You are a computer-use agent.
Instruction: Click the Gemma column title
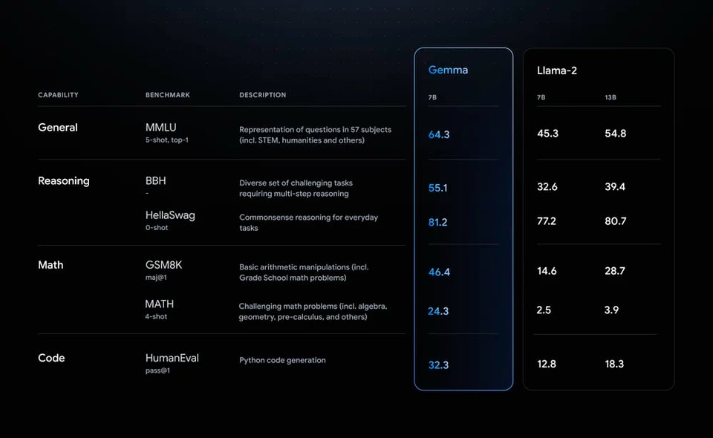point(448,70)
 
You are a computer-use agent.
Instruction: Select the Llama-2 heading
point(557,71)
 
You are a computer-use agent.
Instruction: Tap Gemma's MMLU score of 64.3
point(439,134)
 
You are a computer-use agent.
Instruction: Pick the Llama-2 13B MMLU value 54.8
point(615,134)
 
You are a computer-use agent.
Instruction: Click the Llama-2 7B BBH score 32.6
point(547,187)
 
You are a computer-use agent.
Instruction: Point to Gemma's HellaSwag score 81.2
point(437,222)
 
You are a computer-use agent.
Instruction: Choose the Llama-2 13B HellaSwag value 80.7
point(615,221)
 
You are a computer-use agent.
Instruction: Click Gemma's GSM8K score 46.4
point(439,272)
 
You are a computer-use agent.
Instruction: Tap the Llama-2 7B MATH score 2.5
point(544,310)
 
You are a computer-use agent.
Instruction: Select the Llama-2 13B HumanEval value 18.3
point(614,364)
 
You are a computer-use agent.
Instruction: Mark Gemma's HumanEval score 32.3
point(438,365)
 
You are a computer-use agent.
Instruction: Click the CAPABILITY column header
point(58,95)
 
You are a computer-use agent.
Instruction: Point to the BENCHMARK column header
point(168,95)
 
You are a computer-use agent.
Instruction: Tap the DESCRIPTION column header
point(262,95)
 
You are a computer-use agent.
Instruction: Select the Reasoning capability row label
point(63,181)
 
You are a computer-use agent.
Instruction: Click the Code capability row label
point(51,358)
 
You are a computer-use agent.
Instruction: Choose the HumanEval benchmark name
point(172,358)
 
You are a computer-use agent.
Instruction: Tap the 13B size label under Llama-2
point(611,98)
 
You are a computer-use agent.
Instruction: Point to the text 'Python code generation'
point(282,360)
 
